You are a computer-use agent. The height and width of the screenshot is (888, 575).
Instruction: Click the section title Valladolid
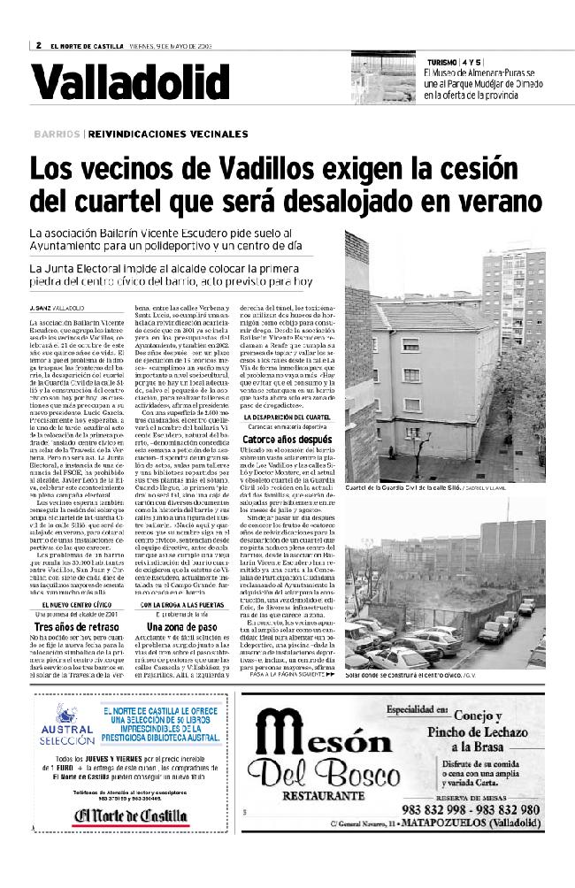coord(129,84)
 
